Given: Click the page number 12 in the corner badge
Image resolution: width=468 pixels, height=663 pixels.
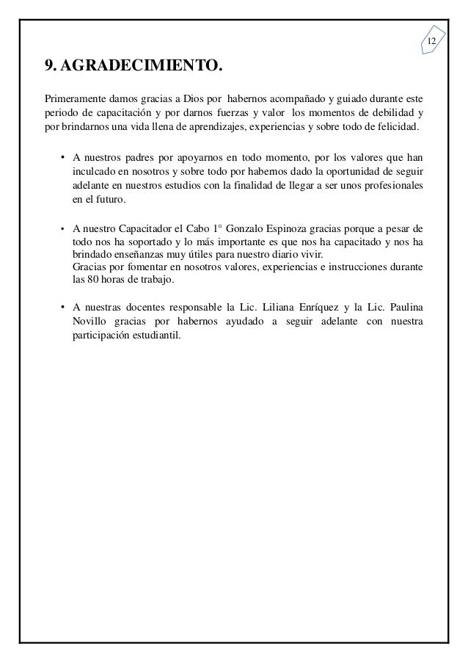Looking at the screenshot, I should pyautogui.click(x=431, y=40).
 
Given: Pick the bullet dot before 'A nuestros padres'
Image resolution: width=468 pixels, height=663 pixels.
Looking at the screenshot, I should pyautogui.click(x=64, y=157).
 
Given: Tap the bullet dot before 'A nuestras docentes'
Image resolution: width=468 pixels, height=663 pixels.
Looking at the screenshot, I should pyautogui.click(x=64, y=307).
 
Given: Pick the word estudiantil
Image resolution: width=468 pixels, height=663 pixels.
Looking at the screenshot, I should pyautogui.click(x=160, y=335).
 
